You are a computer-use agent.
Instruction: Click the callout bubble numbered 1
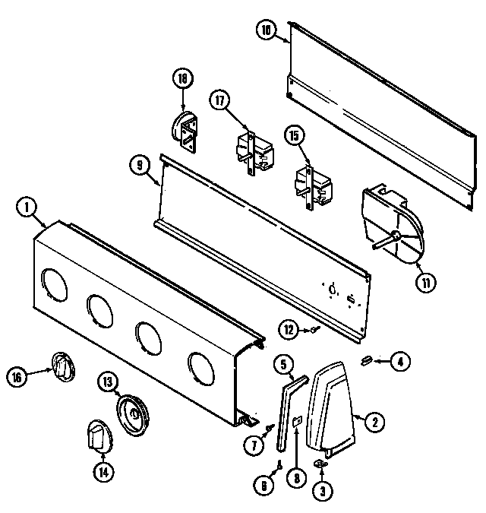pos(27,207)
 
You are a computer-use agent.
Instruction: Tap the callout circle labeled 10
pos(265,31)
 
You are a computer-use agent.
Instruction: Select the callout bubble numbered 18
pos(182,78)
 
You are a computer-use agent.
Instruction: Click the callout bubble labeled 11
pos(425,283)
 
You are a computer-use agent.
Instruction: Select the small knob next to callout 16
pos(62,369)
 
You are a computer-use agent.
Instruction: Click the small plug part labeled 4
pos(366,359)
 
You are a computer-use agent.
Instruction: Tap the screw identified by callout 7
pos(270,429)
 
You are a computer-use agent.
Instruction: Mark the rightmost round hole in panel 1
pos(202,366)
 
